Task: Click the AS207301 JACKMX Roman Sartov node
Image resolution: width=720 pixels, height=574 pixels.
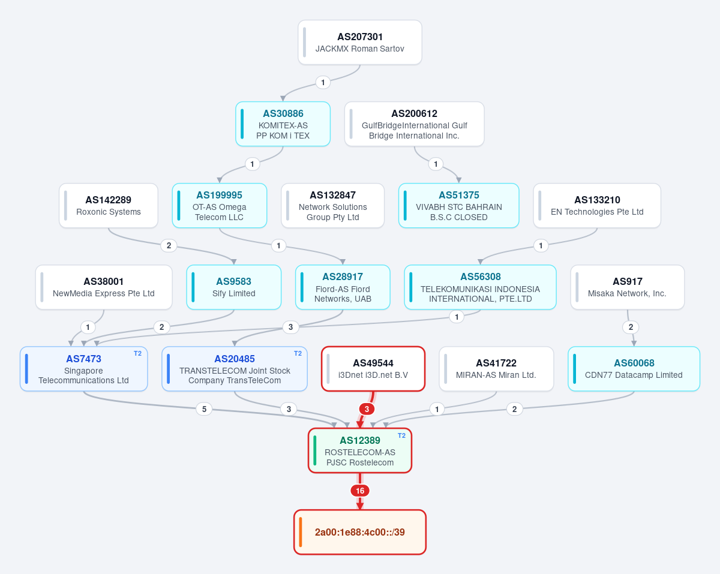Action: coord(359,42)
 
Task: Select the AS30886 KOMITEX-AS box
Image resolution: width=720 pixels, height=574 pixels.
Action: coord(283,124)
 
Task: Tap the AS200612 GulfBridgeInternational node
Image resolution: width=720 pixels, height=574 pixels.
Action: coord(414,124)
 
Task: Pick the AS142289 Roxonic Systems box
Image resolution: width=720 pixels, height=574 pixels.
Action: coord(109,205)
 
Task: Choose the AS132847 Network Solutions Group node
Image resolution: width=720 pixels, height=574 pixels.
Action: coord(332,205)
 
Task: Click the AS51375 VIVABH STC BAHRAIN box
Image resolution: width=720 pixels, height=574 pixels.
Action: coord(458,205)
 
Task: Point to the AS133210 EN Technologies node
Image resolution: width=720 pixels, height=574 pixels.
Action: coord(597,205)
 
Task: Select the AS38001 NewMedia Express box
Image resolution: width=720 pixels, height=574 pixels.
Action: coord(104,287)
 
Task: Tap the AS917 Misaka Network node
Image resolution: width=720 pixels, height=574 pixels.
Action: coord(628,287)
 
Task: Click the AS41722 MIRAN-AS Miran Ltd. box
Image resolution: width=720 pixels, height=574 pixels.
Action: coord(496,369)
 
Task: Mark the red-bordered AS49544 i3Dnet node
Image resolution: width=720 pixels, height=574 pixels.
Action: coord(373,369)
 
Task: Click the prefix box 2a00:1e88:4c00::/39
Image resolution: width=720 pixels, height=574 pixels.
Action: coord(359,532)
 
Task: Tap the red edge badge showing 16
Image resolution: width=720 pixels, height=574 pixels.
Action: coord(359,491)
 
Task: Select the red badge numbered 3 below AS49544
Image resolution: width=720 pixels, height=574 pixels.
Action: coord(367,409)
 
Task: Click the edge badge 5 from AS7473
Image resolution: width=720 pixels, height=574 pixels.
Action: coord(204,409)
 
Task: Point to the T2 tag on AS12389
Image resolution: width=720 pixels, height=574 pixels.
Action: coord(401,435)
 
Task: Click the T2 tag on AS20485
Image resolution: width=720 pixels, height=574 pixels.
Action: coord(298,353)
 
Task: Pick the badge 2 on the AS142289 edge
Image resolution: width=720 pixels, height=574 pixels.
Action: coord(169,245)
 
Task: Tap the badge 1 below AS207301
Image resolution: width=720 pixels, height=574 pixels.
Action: coord(323,82)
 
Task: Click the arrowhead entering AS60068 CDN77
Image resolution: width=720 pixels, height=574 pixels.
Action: coord(634,344)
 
